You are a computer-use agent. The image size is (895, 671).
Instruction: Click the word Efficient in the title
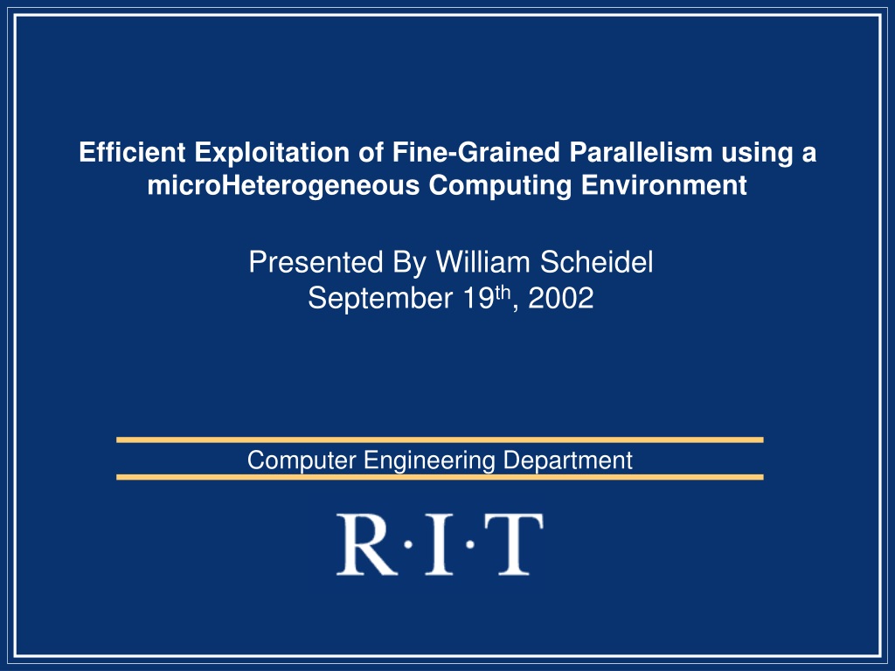(x=132, y=152)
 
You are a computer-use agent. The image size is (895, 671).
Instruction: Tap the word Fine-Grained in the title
(x=476, y=152)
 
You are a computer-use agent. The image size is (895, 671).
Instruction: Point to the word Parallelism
(x=641, y=152)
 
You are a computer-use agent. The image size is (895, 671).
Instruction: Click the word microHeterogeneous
(x=283, y=185)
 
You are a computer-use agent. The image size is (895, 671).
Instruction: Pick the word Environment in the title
(x=664, y=185)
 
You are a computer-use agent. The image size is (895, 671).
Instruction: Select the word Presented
(x=316, y=262)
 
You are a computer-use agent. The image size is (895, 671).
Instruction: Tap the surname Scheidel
(x=596, y=262)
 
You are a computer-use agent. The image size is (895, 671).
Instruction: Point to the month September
(x=380, y=299)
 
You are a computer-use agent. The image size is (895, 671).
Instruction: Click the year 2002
(x=560, y=299)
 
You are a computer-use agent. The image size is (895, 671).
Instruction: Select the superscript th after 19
(x=503, y=292)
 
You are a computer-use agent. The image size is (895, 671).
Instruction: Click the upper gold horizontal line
(x=440, y=440)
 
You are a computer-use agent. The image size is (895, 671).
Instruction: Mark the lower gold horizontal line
(x=440, y=477)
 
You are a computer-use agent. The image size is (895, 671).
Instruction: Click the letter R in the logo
(x=366, y=544)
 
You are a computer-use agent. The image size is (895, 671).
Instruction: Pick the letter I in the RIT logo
(x=439, y=544)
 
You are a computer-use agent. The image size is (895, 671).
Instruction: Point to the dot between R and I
(x=408, y=545)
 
